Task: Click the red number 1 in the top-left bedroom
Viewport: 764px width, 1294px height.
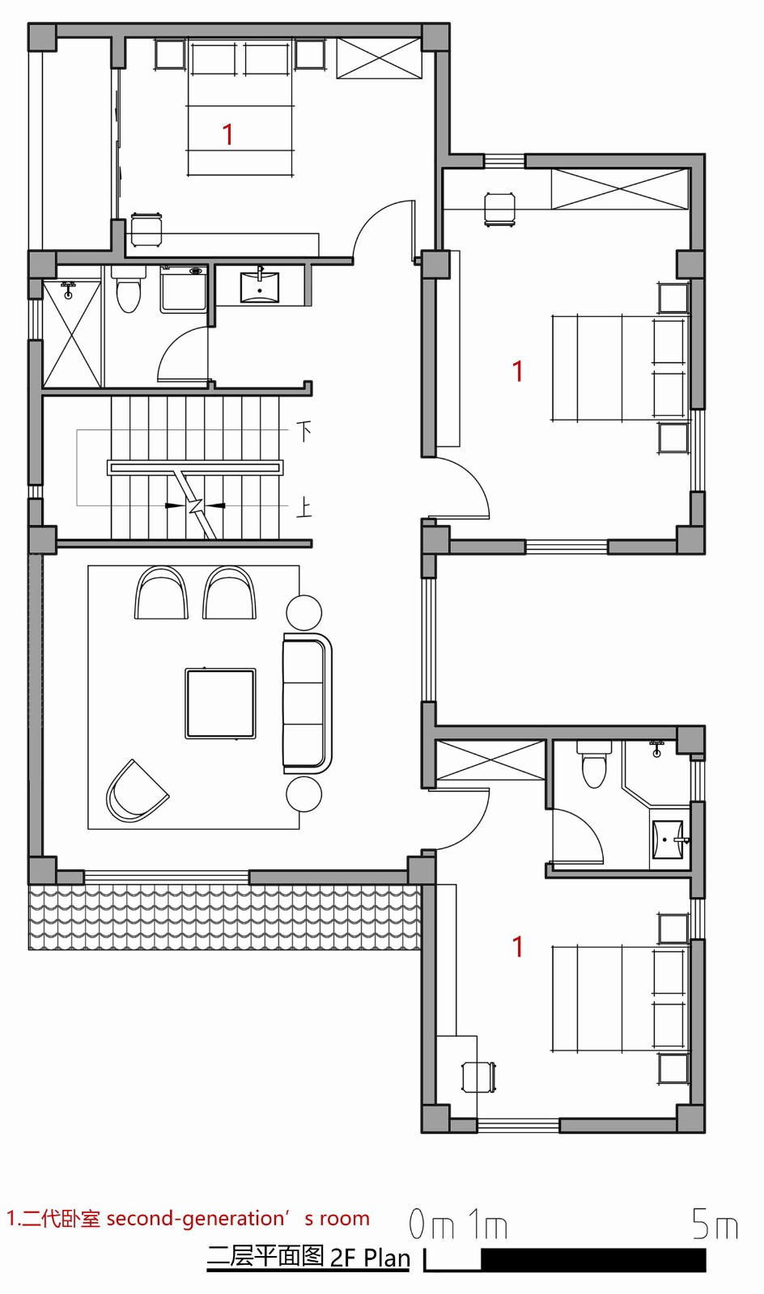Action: click(228, 134)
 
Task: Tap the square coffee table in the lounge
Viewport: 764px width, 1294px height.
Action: click(220, 703)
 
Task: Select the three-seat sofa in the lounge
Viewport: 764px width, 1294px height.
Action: click(307, 703)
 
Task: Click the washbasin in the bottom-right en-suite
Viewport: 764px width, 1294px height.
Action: click(668, 840)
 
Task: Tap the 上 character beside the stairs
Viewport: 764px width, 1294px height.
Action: click(303, 508)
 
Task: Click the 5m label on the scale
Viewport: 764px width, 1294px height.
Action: click(715, 1225)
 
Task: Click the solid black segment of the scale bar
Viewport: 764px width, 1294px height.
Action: click(592, 1259)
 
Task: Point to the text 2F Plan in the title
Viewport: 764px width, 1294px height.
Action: click(370, 1258)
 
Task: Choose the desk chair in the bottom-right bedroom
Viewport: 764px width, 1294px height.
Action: click(477, 1076)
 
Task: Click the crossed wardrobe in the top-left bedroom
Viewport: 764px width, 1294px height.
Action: click(379, 58)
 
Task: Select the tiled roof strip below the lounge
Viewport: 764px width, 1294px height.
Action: click(225, 917)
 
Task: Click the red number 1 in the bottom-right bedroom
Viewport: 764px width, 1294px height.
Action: click(518, 946)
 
